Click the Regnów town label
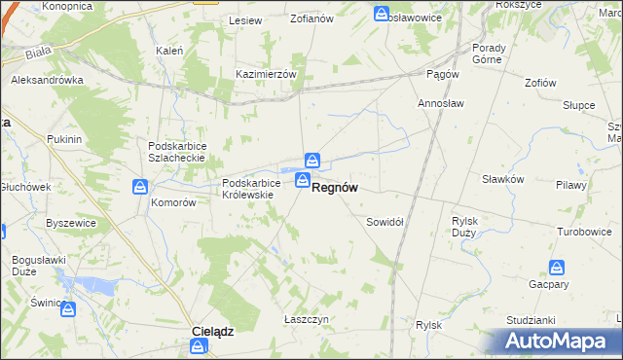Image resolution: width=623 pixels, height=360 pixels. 340,192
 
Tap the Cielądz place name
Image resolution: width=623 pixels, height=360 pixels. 211,331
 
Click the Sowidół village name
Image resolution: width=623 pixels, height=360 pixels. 385,222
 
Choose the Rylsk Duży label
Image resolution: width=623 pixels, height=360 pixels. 464,227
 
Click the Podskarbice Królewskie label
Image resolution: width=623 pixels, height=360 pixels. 251,188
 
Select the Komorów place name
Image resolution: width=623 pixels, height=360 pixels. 173,203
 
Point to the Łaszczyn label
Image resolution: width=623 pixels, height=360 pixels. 304,318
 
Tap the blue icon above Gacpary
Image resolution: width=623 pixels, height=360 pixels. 557,268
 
